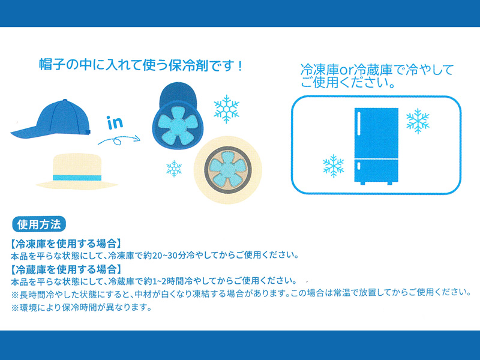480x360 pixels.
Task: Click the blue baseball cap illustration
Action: (x=52, y=120)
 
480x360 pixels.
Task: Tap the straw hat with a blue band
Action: (x=77, y=172)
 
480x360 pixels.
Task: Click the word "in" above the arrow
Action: (x=115, y=122)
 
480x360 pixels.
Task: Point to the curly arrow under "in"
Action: (x=119, y=140)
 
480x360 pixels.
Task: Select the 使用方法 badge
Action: (x=39, y=224)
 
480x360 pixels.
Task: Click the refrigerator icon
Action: (x=376, y=146)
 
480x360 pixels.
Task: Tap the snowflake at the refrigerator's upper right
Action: (x=418, y=121)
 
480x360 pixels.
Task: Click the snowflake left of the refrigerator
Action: (x=334, y=166)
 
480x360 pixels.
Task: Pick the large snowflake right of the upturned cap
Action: (x=227, y=109)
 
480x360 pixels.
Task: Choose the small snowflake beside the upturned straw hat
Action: (x=174, y=169)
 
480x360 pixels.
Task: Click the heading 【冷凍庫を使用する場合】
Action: (x=66, y=244)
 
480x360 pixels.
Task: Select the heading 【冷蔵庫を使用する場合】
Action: (x=66, y=269)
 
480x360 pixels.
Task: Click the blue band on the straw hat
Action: (x=77, y=178)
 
